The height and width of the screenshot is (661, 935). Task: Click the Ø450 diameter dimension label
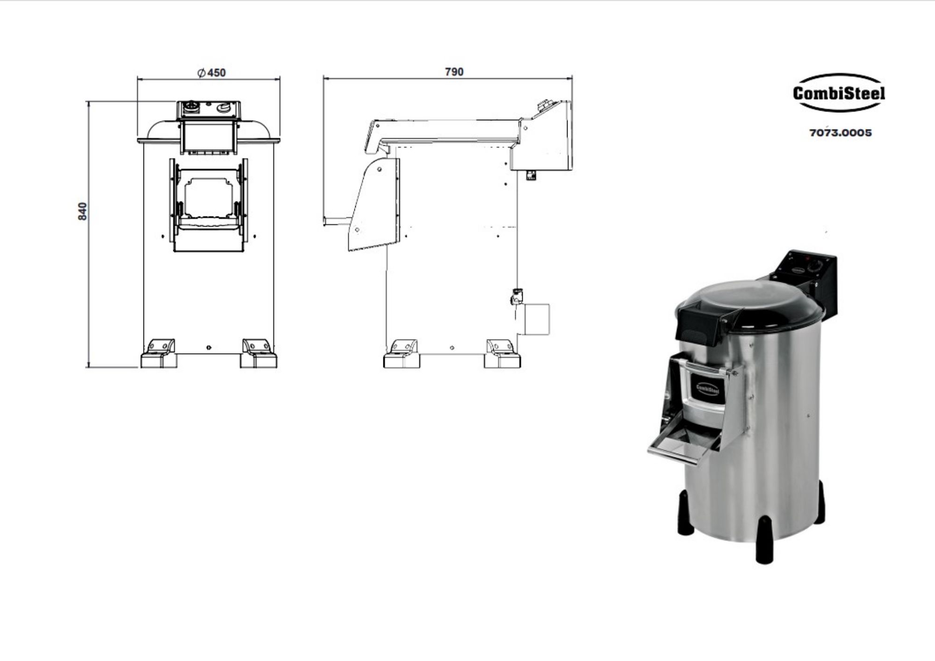212,73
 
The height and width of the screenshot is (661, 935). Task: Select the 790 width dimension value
454,72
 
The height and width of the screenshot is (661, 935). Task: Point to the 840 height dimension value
82,211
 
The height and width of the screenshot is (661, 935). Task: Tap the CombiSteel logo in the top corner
839,93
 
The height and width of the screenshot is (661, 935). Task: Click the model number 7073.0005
841,133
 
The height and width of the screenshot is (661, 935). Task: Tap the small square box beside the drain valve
537,319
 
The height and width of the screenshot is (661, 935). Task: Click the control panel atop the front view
209,109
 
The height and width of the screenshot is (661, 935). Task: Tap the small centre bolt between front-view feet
209,348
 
